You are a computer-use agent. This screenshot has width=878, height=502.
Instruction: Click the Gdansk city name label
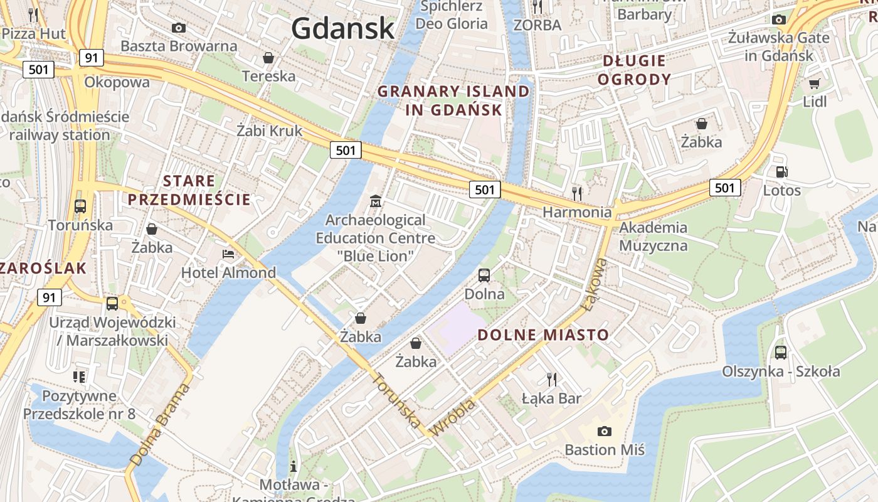pyautogui.click(x=342, y=28)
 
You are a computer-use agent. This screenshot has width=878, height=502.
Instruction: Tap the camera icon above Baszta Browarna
pyautogui.click(x=179, y=28)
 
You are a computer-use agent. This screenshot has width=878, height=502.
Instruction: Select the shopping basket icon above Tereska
pyautogui.click(x=268, y=58)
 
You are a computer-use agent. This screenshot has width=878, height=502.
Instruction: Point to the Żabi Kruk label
pyautogui.click(x=269, y=131)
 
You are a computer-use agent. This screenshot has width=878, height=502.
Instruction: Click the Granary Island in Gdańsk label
pyautogui.click(x=453, y=100)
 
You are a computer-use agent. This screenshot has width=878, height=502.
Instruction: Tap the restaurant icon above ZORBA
pyautogui.click(x=537, y=7)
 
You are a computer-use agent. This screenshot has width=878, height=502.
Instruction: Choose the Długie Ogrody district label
pyautogui.click(x=634, y=70)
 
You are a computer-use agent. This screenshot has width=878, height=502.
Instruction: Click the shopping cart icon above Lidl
pyautogui.click(x=814, y=83)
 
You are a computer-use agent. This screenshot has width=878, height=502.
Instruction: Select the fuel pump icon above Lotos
pyautogui.click(x=781, y=171)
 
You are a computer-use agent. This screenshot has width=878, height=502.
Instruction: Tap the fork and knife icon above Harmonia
pyautogui.click(x=577, y=193)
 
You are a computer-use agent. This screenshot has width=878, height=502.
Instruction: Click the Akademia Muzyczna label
pyautogui.click(x=653, y=236)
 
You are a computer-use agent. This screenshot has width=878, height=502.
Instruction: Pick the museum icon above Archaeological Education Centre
pyautogui.click(x=375, y=201)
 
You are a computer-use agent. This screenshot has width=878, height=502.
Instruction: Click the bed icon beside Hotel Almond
pyautogui.click(x=228, y=255)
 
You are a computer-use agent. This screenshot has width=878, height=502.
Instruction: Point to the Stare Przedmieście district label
pyautogui.click(x=189, y=191)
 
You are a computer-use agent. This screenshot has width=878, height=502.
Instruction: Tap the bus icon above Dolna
pyautogui.click(x=484, y=275)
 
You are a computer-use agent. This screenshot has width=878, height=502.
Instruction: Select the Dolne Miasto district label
pyautogui.click(x=543, y=334)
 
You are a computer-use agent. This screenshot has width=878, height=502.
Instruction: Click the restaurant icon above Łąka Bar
pyautogui.click(x=551, y=379)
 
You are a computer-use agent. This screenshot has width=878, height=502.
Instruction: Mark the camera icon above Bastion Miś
pyautogui.click(x=604, y=431)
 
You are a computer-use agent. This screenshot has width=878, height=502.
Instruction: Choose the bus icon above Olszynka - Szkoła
pyautogui.click(x=780, y=352)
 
